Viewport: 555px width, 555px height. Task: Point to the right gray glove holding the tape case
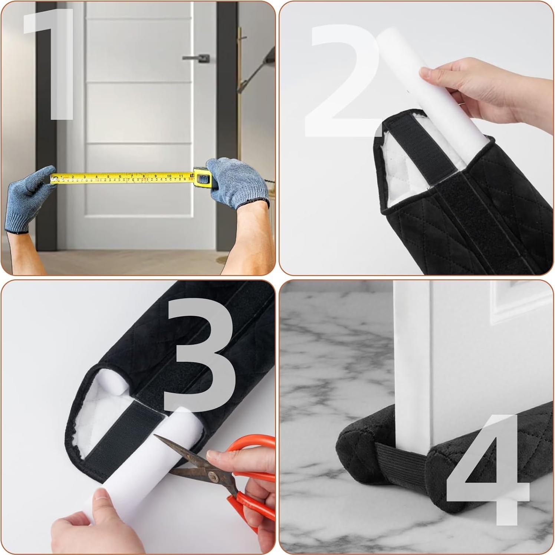pyautogui.click(x=237, y=182)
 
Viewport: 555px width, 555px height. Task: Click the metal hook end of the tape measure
pyautogui.click(x=52, y=179)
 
